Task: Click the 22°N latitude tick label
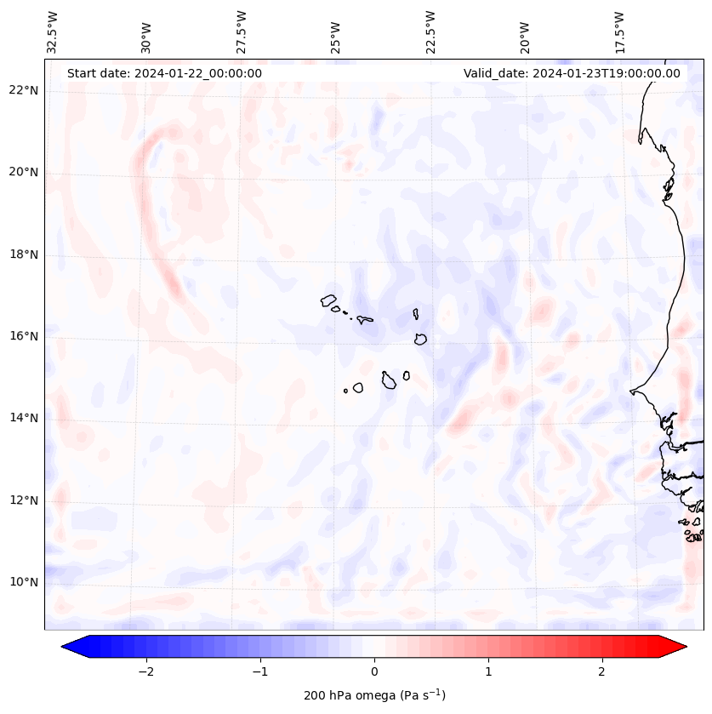23,90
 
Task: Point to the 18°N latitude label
23,254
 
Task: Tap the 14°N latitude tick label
23,418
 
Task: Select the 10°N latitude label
23,582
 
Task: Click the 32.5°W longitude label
53,33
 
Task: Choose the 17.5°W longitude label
619,33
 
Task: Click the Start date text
164,73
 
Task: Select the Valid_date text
572,73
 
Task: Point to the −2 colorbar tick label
145,671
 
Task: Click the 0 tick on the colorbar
374,671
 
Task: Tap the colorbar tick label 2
602,671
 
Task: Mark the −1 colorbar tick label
259,671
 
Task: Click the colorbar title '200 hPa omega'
374,695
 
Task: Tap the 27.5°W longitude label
242,33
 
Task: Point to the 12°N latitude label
23,500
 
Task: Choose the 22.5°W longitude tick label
430,33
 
